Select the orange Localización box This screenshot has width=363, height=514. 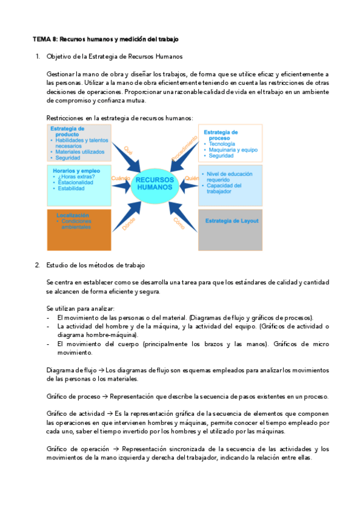click(x=70, y=230)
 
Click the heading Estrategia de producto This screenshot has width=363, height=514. click(x=67, y=132)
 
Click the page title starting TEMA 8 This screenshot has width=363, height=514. click(x=105, y=39)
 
